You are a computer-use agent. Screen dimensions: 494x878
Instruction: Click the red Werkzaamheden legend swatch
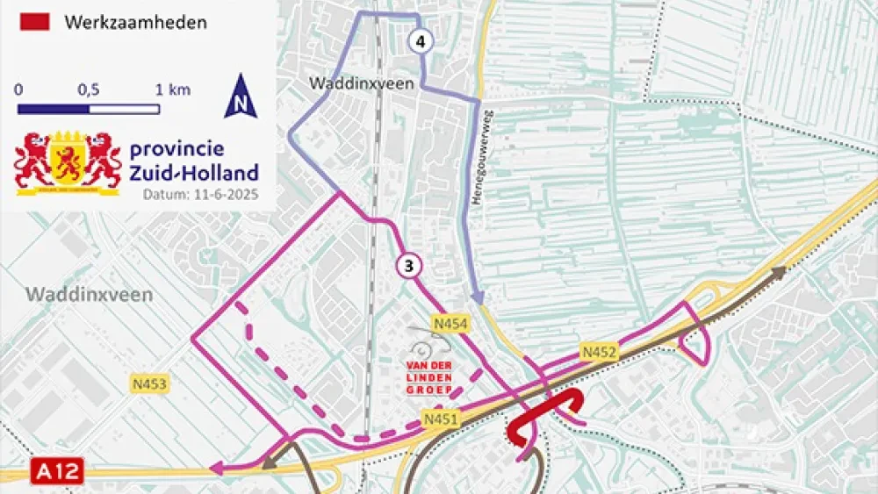pos(33,22)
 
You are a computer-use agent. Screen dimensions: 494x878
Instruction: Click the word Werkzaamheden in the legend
pos(135,22)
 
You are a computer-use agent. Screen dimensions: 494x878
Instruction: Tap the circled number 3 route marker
pos(408,264)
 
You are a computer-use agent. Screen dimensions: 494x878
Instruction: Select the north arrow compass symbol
pos(241,97)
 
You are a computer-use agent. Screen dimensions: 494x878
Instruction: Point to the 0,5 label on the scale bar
pos(88,90)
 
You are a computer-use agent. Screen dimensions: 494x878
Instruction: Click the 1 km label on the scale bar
pos(172,90)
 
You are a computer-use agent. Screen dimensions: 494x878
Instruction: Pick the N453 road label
pos(150,383)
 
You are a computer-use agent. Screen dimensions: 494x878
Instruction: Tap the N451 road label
pos(441,419)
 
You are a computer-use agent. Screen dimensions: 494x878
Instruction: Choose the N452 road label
pos(599,353)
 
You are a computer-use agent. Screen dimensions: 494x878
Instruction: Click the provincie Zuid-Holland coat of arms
pos(68,162)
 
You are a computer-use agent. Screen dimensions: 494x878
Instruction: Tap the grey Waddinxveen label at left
pos(89,294)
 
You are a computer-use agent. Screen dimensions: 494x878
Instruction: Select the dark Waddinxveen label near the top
pos(349,83)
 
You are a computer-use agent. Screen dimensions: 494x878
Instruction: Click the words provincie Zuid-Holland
pos(194,161)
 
